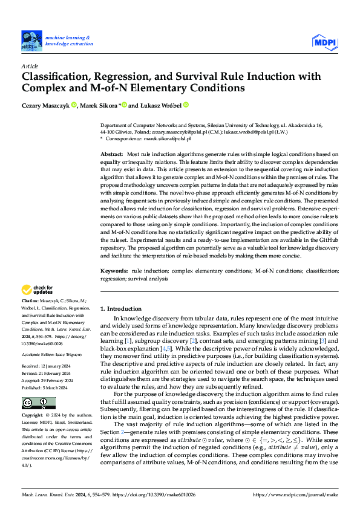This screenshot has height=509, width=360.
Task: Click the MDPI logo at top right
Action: click(x=325, y=41)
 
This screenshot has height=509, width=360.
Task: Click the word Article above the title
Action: click(x=30, y=65)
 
